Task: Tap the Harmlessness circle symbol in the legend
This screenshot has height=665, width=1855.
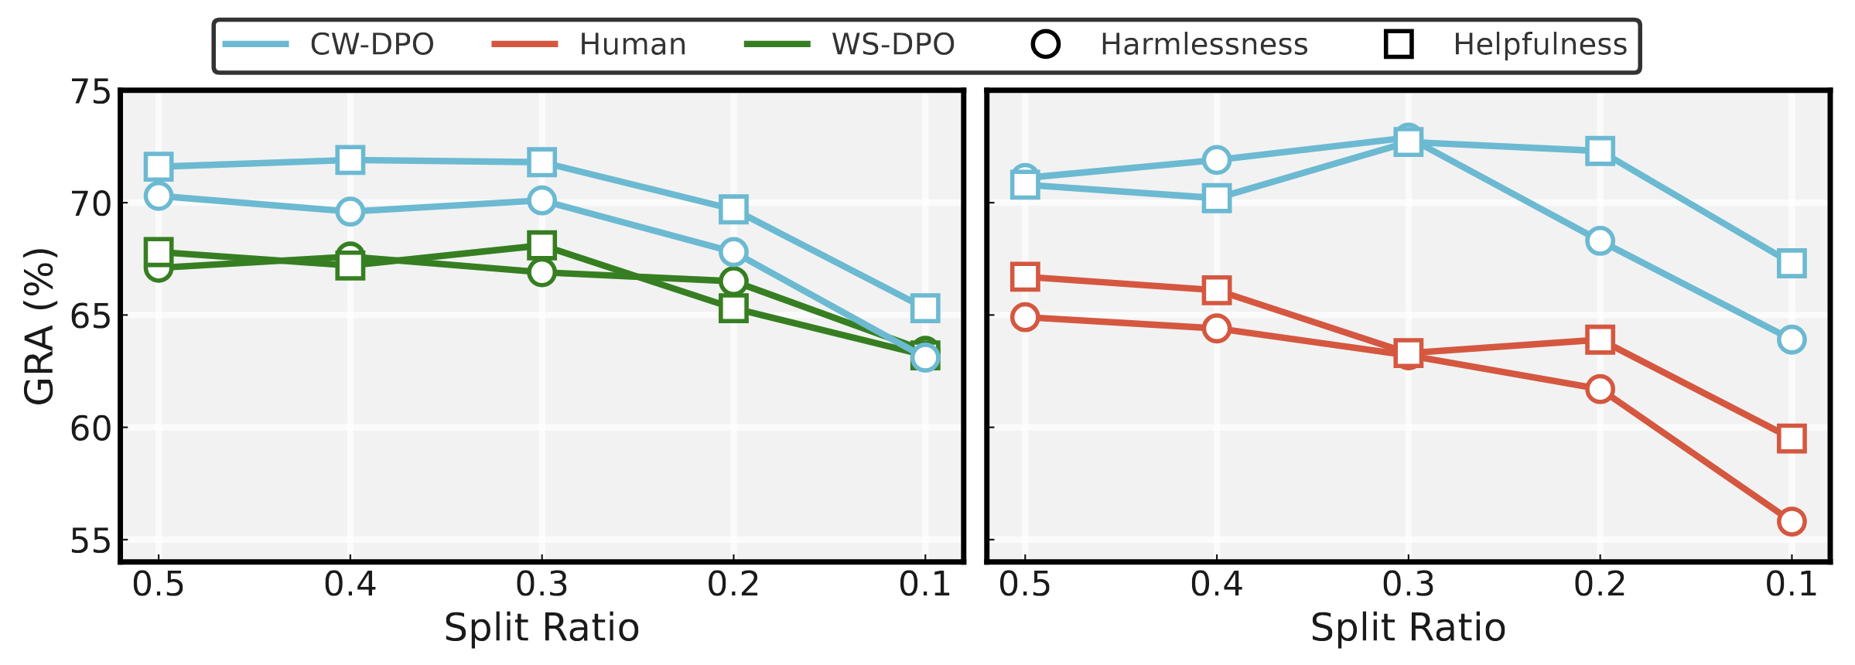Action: (x=1046, y=44)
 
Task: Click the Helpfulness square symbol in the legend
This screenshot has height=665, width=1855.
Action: (x=1399, y=44)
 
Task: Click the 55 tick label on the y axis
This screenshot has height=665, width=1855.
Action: (x=91, y=541)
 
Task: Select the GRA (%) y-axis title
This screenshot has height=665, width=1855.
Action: (x=39, y=326)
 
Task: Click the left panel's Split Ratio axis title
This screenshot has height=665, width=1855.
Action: (x=541, y=627)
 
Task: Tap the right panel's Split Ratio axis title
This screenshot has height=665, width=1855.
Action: (x=1408, y=627)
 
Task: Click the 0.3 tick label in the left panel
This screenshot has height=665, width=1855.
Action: (x=541, y=585)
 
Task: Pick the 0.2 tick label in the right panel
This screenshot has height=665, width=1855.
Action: (x=1600, y=585)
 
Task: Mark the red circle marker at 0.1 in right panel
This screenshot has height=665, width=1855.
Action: (x=1792, y=521)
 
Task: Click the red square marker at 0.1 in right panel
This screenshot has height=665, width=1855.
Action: (x=1792, y=438)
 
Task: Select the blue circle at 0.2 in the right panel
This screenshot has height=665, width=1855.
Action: (x=1600, y=240)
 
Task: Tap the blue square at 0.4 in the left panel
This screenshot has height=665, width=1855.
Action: (x=350, y=160)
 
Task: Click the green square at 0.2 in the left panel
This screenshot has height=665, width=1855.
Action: (x=733, y=309)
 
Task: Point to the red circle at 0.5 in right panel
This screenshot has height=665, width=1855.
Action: (x=1025, y=317)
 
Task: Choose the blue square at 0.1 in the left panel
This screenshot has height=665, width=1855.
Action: (x=925, y=309)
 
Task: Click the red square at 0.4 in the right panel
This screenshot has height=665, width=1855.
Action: (x=1217, y=290)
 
